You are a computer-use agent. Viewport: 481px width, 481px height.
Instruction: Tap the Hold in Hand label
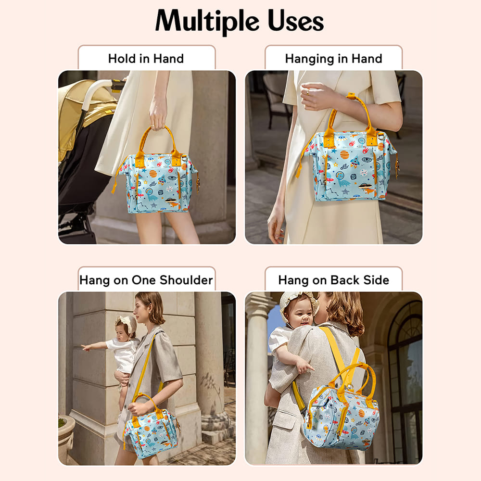[146, 59]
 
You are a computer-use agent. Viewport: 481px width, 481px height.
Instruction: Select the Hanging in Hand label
[333, 59]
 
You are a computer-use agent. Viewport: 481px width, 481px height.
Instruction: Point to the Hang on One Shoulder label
[146, 280]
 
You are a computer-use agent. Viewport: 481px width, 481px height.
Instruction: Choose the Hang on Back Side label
[333, 280]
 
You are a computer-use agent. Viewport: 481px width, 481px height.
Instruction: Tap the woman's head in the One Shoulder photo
[149, 308]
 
